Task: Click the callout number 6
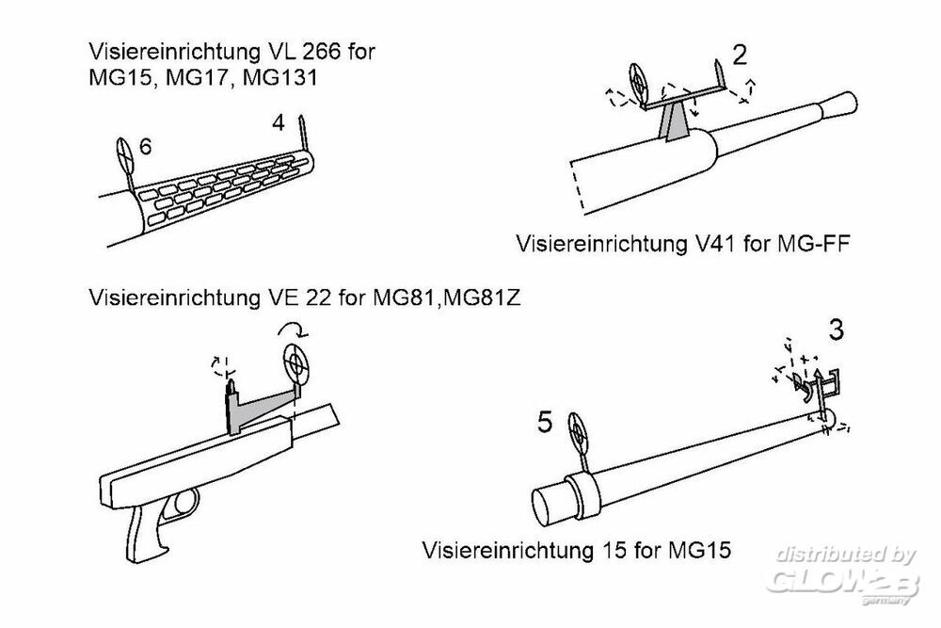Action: [x=145, y=147]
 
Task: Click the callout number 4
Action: [x=278, y=122]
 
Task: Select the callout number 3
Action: [x=836, y=331]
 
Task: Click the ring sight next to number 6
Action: [x=126, y=152]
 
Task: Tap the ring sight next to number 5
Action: [x=579, y=434]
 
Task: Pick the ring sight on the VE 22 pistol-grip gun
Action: [x=295, y=360]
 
